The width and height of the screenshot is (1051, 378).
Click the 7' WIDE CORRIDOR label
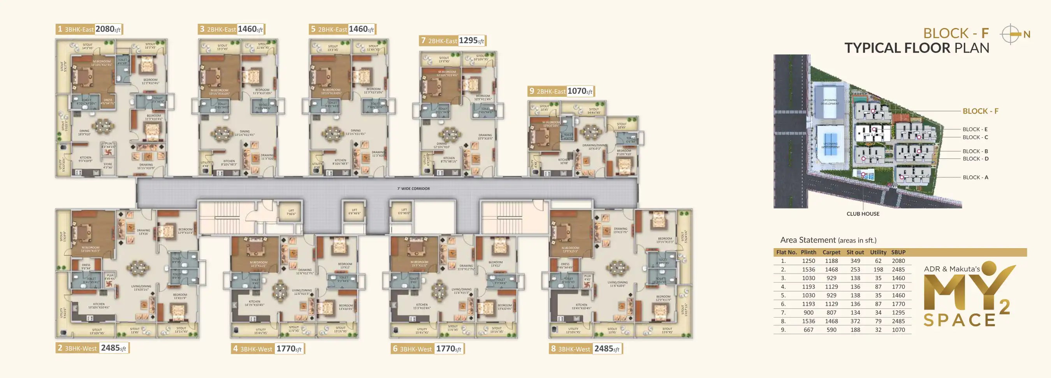coord(413,189)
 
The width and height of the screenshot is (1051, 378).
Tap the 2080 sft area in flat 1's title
coord(108,29)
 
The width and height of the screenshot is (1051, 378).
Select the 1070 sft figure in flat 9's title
coord(579,91)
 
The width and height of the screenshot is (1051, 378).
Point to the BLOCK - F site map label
coord(980,111)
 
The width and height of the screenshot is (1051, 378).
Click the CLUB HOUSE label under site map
coord(863,213)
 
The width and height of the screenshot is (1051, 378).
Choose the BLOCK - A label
coord(975,177)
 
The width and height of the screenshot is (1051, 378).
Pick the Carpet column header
coord(831,252)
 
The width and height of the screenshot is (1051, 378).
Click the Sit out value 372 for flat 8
coord(855,321)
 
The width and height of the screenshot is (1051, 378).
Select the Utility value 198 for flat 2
coord(878,269)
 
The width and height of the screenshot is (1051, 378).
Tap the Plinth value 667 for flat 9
coord(808,330)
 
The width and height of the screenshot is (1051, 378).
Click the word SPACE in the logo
coord(959,320)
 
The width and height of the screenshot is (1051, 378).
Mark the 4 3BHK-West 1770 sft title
coord(268,349)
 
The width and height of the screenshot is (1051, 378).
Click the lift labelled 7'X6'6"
coord(291,212)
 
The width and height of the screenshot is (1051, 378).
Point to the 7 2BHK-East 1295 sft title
coord(452,41)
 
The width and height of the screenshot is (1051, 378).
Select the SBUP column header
coord(898,252)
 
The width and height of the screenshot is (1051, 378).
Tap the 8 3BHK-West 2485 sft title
coord(585,349)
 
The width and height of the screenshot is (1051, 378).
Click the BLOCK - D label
coord(975,159)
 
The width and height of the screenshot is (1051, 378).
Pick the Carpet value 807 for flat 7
coord(831,313)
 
